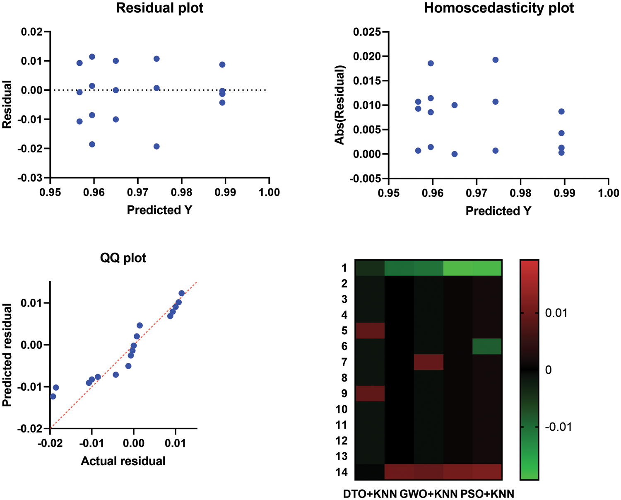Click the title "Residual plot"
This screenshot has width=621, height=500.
click(x=159, y=8)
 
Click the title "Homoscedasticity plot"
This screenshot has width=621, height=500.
click(x=498, y=8)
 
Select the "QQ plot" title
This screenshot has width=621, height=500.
click(x=123, y=258)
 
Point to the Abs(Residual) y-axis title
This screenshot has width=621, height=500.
click(x=340, y=105)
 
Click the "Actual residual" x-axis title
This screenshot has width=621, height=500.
click(x=123, y=461)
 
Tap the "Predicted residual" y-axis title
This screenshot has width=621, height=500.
click(x=7, y=355)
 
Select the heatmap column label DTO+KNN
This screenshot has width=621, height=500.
click(x=370, y=494)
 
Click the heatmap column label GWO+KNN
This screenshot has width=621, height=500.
click(x=428, y=494)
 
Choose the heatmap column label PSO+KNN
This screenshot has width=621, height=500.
click(x=487, y=494)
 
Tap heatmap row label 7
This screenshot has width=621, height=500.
click(x=344, y=362)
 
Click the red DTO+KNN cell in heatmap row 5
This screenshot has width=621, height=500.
click(x=370, y=331)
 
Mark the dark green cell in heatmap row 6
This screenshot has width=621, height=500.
click(x=487, y=346)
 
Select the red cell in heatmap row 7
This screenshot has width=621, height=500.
click(x=428, y=362)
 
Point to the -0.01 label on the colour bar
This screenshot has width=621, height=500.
click(x=558, y=427)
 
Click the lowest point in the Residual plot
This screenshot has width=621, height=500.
click(x=156, y=146)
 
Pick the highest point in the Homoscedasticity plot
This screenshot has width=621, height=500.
click(x=496, y=60)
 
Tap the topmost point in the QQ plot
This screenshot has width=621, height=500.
click(x=181, y=293)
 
